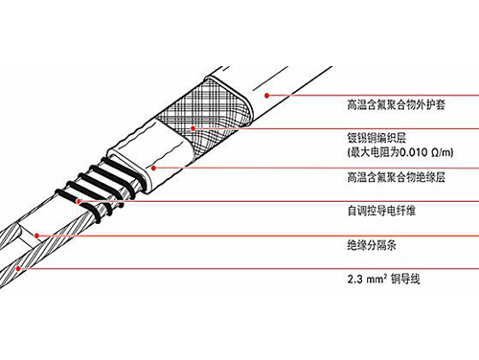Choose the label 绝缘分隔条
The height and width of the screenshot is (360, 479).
[369, 244]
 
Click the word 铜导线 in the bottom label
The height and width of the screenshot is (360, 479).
[406, 280]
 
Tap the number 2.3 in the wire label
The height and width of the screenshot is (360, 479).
[354, 280]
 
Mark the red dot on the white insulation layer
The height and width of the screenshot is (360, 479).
[154, 165]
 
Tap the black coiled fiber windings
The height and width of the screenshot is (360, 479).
[96, 188]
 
